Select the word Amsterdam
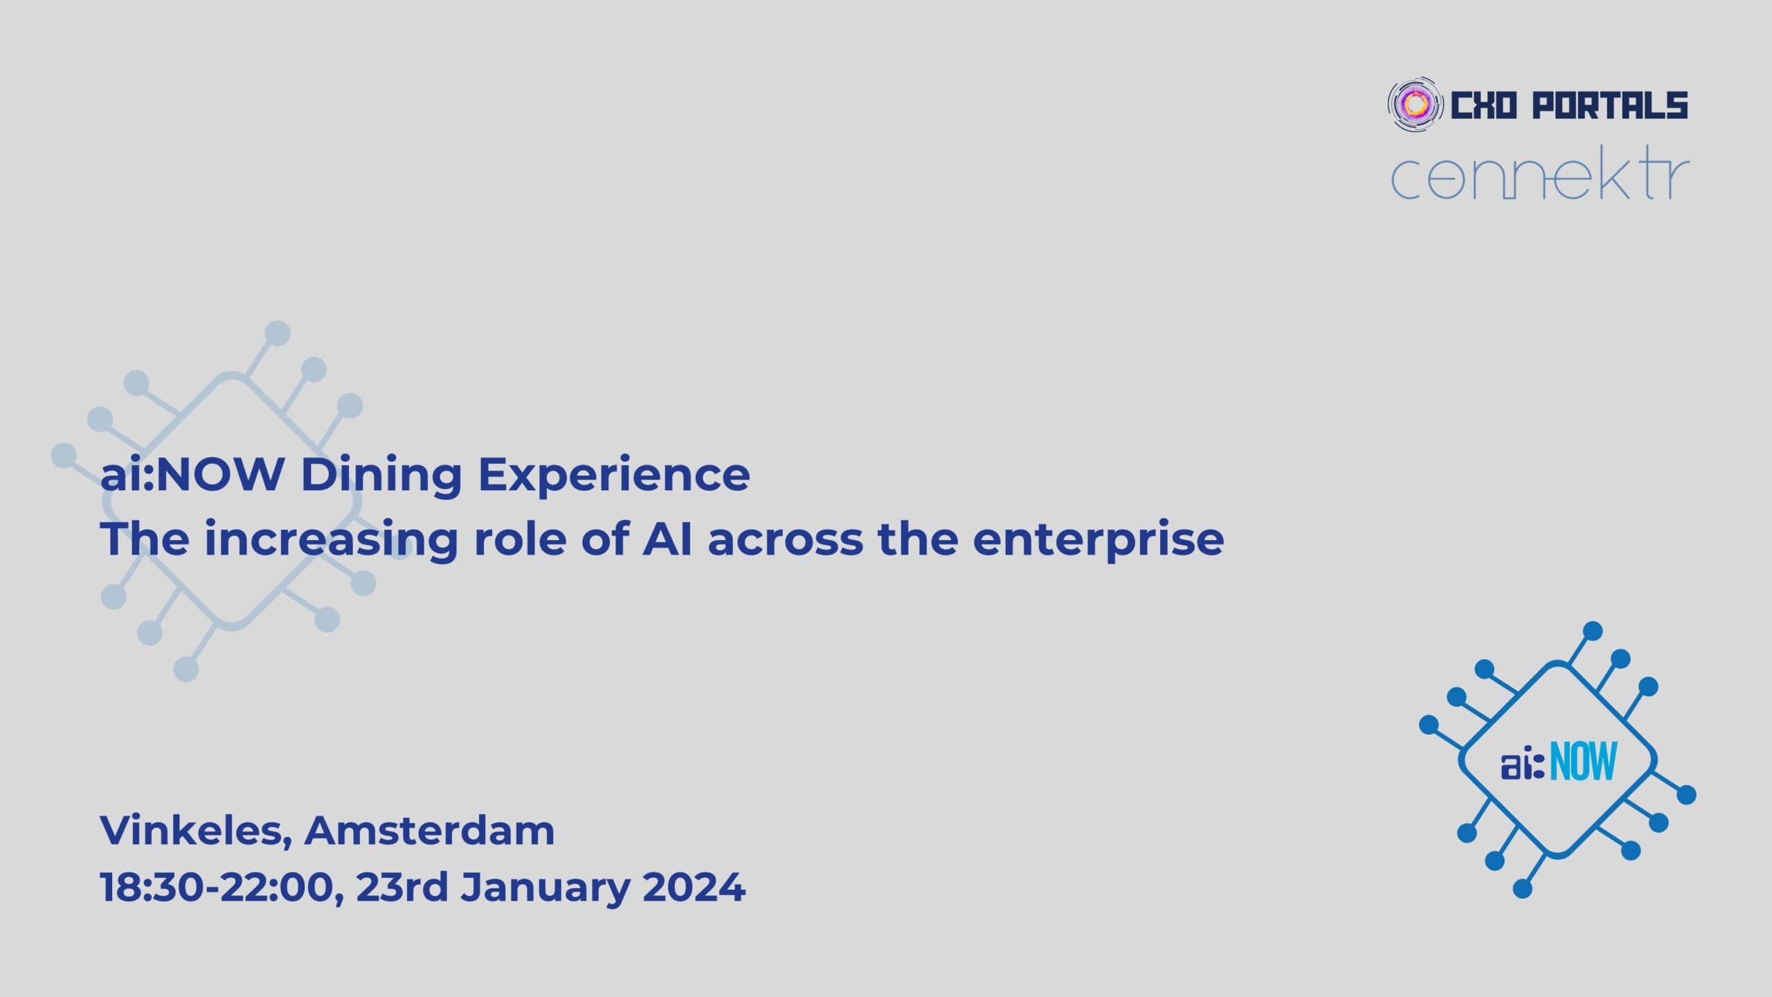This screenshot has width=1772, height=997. (x=430, y=830)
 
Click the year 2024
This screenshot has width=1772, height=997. (x=694, y=887)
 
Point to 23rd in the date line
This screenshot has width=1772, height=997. (x=402, y=887)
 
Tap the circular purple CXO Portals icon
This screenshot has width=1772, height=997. (x=1416, y=105)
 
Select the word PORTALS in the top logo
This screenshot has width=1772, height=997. (x=1609, y=105)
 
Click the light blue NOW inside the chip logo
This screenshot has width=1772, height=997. (x=1584, y=761)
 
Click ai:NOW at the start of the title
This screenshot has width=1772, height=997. (x=192, y=475)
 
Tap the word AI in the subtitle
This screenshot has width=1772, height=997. (x=667, y=539)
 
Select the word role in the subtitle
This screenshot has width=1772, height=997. (x=520, y=539)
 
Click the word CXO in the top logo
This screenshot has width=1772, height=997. (x=1483, y=105)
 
